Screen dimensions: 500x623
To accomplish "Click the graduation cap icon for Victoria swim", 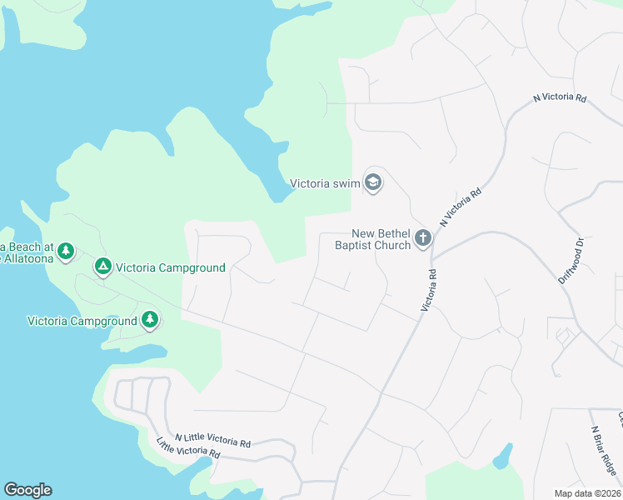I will [x=373, y=183].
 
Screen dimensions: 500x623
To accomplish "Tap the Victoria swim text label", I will [x=325, y=183].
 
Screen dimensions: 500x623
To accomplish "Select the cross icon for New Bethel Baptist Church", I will [x=423, y=239].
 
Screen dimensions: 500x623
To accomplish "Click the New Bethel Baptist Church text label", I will [x=372, y=240].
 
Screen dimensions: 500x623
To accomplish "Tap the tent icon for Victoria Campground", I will [x=102, y=267].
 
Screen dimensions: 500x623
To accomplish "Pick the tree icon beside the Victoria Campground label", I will [x=150, y=320].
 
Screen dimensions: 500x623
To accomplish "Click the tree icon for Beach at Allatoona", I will [x=66, y=251].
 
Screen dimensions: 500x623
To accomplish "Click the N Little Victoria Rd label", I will [x=212, y=441].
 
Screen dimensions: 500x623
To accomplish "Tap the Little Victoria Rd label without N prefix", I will [x=188, y=448].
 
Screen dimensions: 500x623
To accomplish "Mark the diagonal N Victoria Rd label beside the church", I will [x=461, y=207].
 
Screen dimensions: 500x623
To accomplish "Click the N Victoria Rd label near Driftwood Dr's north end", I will [x=560, y=97].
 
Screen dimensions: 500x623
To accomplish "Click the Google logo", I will [x=27, y=490].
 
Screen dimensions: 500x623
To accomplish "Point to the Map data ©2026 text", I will [x=588, y=493].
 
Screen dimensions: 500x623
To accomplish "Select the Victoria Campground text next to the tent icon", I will [x=171, y=267].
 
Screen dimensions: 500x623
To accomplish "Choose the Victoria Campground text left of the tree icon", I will [x=82, y=321].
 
